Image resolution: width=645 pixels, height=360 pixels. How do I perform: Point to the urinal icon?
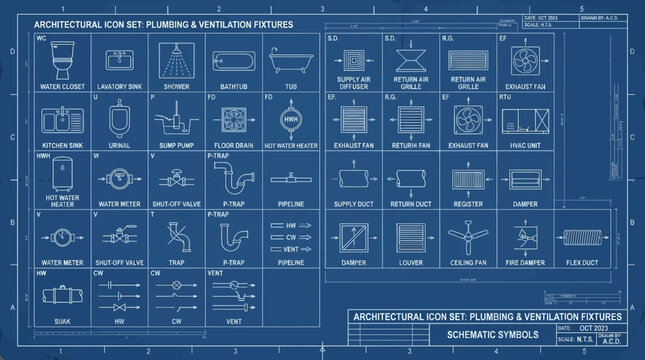[x=119, y=121]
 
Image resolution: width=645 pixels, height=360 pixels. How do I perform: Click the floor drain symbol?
[x=234, y=121]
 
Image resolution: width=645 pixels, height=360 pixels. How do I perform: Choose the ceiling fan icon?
[x=468, y=237]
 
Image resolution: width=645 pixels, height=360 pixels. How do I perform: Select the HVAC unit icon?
[x=526, y=122]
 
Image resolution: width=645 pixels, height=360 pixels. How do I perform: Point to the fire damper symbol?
[x=525, y=237]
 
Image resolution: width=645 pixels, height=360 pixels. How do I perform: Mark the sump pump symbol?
[x=176, y=122]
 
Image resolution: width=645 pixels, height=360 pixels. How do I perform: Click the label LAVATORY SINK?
[x=119, y=87]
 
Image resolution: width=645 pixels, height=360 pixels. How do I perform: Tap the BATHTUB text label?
[x=234, y=87]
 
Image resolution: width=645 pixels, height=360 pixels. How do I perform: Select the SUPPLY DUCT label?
[x=353, y=204]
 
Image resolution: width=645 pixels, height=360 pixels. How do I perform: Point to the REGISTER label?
[x=468, y=204]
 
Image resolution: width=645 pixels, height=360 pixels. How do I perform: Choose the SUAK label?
[x=62, y=322]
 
